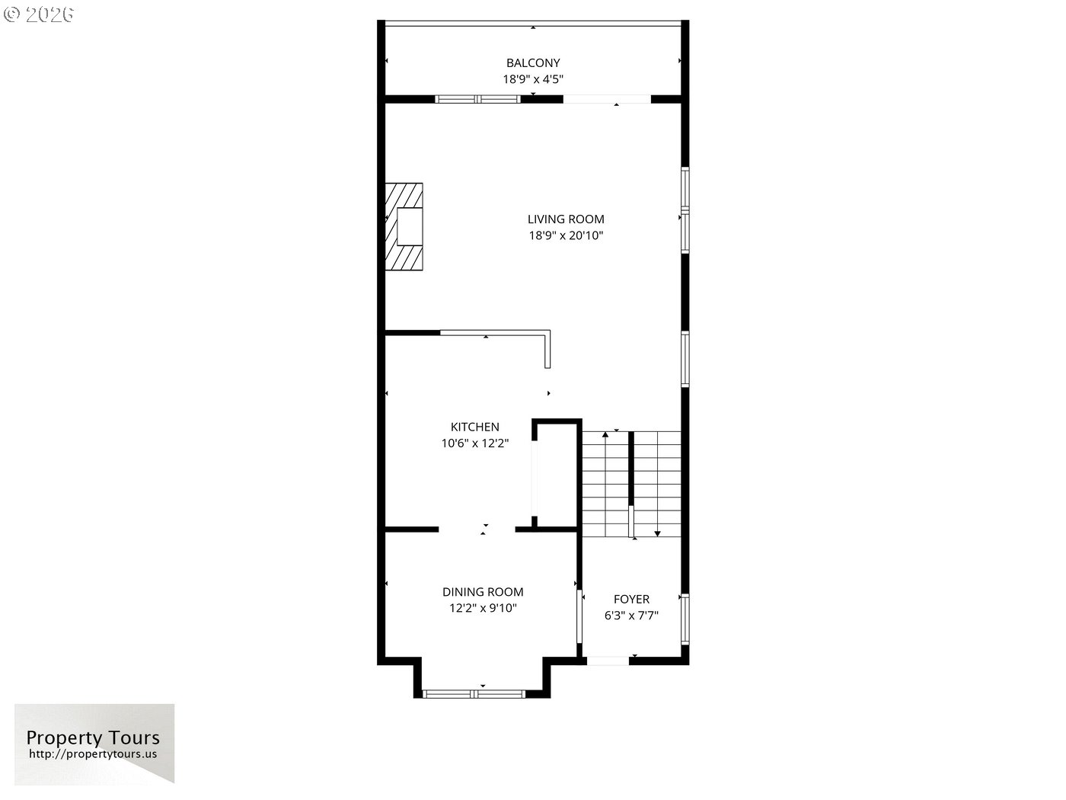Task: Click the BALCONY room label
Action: pos(533,62)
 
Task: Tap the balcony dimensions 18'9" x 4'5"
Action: pos(533,79)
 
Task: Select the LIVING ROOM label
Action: pos(566,219)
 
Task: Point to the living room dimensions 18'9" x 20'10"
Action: pos(566,235)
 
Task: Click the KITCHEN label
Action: pos(474,427)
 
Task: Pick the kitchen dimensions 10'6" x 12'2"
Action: pos(474,443)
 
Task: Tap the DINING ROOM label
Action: pos(483,592)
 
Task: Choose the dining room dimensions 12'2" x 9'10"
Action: pos(483,608)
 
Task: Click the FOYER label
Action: pos(631,599)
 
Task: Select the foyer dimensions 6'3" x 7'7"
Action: pos(631,616)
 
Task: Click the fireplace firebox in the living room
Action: pos(410,226)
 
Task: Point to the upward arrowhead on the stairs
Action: pos(605,434)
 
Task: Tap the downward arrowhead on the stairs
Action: pos(657,533)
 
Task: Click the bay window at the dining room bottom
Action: pos(474,694)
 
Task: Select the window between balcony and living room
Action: pos(477,99)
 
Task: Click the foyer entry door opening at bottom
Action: pos(608,661)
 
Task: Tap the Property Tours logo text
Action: pos(93,738)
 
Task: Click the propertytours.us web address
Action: pos(93,754)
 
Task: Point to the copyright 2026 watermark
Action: pos(38,14)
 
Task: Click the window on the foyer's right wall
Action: pos(685,619)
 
